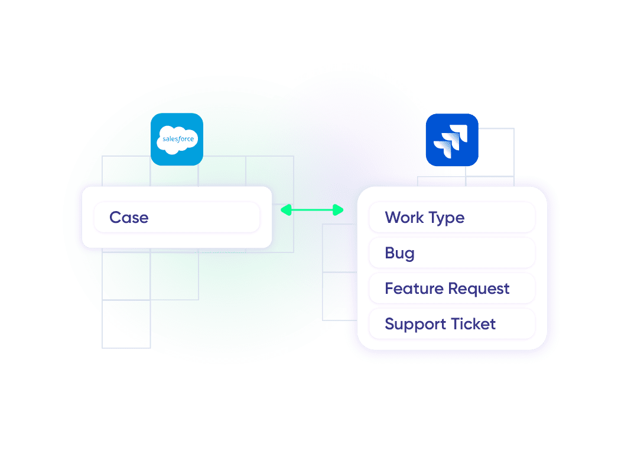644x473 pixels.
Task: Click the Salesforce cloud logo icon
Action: click(x=177, y=139)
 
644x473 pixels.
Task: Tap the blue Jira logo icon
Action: click(x=452, y=140)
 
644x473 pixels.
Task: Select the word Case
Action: click(x=129, y=218)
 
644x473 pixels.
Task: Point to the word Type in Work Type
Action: click(x=447, y=218)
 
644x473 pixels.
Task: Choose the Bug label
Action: click(x=399, y=254)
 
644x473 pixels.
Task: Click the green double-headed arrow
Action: click(x=312, y=210)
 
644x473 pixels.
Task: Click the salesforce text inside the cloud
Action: click(x=177, y=140)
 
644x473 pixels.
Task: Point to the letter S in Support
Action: click(x=389, y=324)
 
